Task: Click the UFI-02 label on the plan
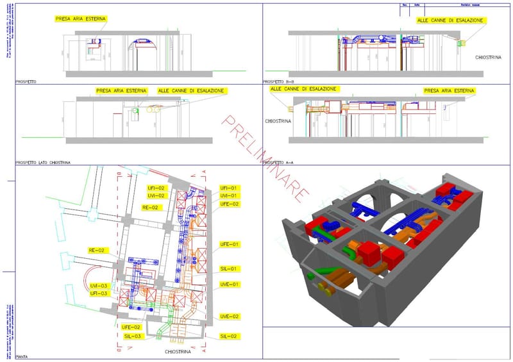click(x=156, y=188)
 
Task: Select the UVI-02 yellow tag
click(x=156, y=195)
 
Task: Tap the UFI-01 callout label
click(x=229, y=188)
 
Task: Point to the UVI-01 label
click(x=229, y=195)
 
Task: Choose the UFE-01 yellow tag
click(x=230, y=244)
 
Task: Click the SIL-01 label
click(x=230, y=268)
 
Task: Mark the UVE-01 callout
click(x=230, y=284)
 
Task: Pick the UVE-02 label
click(x=230, y=317)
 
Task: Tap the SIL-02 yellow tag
click(x=230, y=336)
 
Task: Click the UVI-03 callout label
click(x=99, y=285)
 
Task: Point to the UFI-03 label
click(x=99, y=293)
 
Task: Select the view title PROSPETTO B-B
click(x=279, y=82)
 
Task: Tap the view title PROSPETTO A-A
click(x=279, y=163)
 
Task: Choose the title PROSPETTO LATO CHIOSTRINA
click(x=43, y=163)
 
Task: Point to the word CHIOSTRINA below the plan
click(x=179, y=352)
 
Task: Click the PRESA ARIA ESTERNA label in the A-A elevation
click(x=449, y=92)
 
